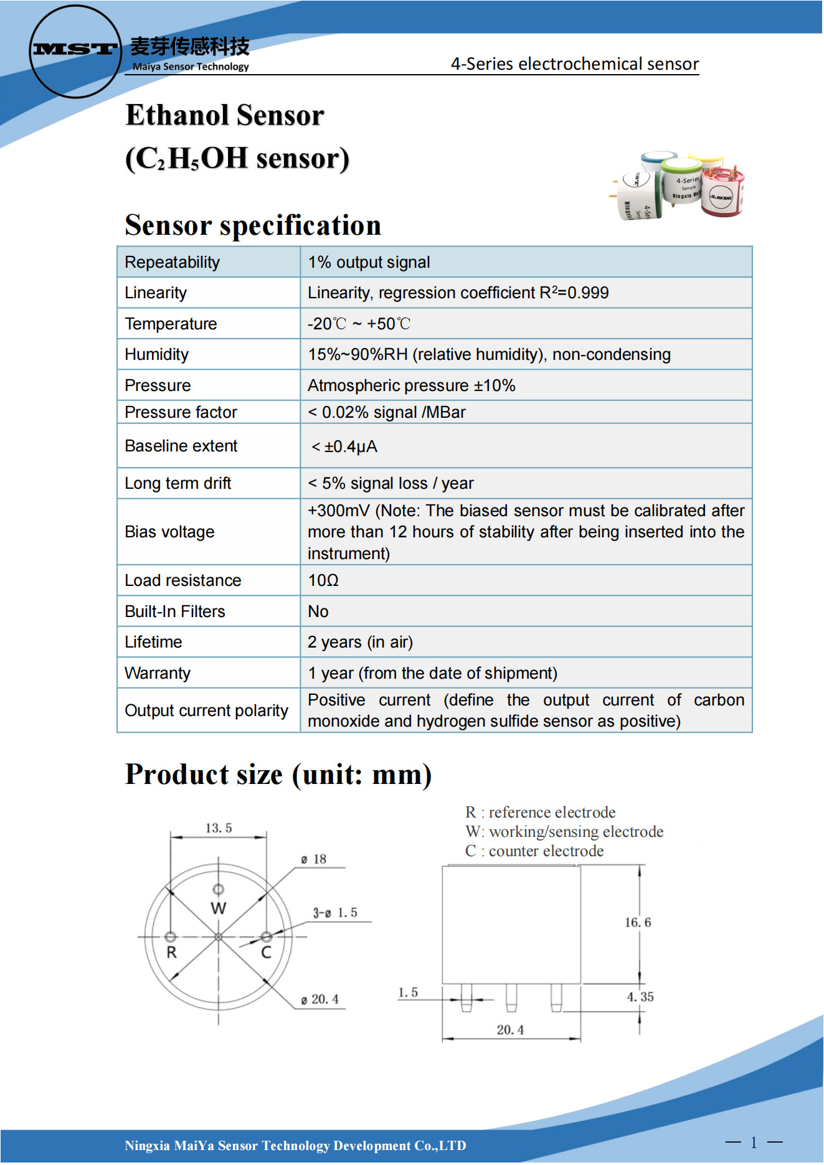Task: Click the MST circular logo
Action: (x=75, y=51)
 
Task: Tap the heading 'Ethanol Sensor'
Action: (x=224, y=116)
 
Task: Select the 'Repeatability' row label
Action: (x=173, y=262)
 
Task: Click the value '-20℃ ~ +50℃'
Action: (x=359, y=324)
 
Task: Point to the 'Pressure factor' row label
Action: (x=181, y=412)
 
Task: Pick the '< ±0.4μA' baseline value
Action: (x=344, y=446)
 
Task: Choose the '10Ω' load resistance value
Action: (x=323, y=580)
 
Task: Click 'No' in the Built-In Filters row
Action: (x=318, y=611)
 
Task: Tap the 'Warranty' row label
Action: (x=158, y=673)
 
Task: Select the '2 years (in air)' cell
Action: (x=360, y=642)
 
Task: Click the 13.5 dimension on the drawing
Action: (x=219, y=828)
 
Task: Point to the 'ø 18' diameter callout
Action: (x=314, y=859)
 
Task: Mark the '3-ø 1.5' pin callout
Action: (x=335, y=913)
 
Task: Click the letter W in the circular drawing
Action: (x=218, y=908)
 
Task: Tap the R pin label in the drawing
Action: (x=171, y=953)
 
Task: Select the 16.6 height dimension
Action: (x=638, y=922)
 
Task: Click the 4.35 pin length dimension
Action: (x=640, y=997)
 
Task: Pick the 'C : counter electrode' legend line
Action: (x=534, y=851)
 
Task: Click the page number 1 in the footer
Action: (x=754, y=1142)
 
